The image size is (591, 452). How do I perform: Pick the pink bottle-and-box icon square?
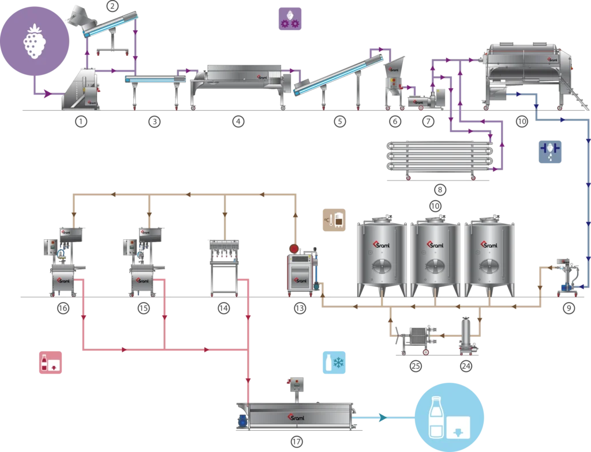pyautogui.click(x=50, y=364)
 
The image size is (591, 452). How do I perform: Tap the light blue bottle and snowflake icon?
pyautogui.click(x=334, y=363)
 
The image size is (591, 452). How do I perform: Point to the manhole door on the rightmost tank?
pyautogui.click(x=489, y=267)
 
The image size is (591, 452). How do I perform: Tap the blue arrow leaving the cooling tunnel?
pyautogui.click(x=381, y=414)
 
